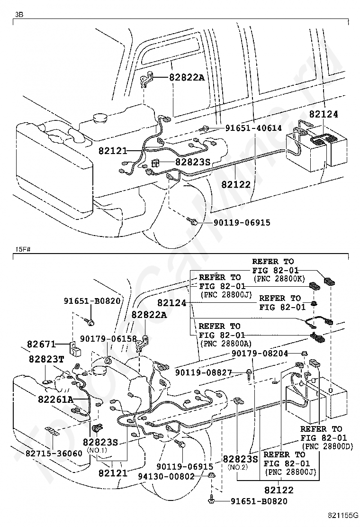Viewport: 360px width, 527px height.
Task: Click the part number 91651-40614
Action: [x=253, y=128]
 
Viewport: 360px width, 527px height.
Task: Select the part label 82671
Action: [x=41, y=344]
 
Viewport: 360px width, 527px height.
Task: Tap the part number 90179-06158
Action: [x=108, y=339]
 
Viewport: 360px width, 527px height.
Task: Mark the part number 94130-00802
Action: [x=170, y=476]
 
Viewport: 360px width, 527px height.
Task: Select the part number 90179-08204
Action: [x=260, y=353]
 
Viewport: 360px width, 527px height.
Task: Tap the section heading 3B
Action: [x=19, y=15]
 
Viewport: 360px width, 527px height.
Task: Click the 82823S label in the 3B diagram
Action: [x=192, y=162]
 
